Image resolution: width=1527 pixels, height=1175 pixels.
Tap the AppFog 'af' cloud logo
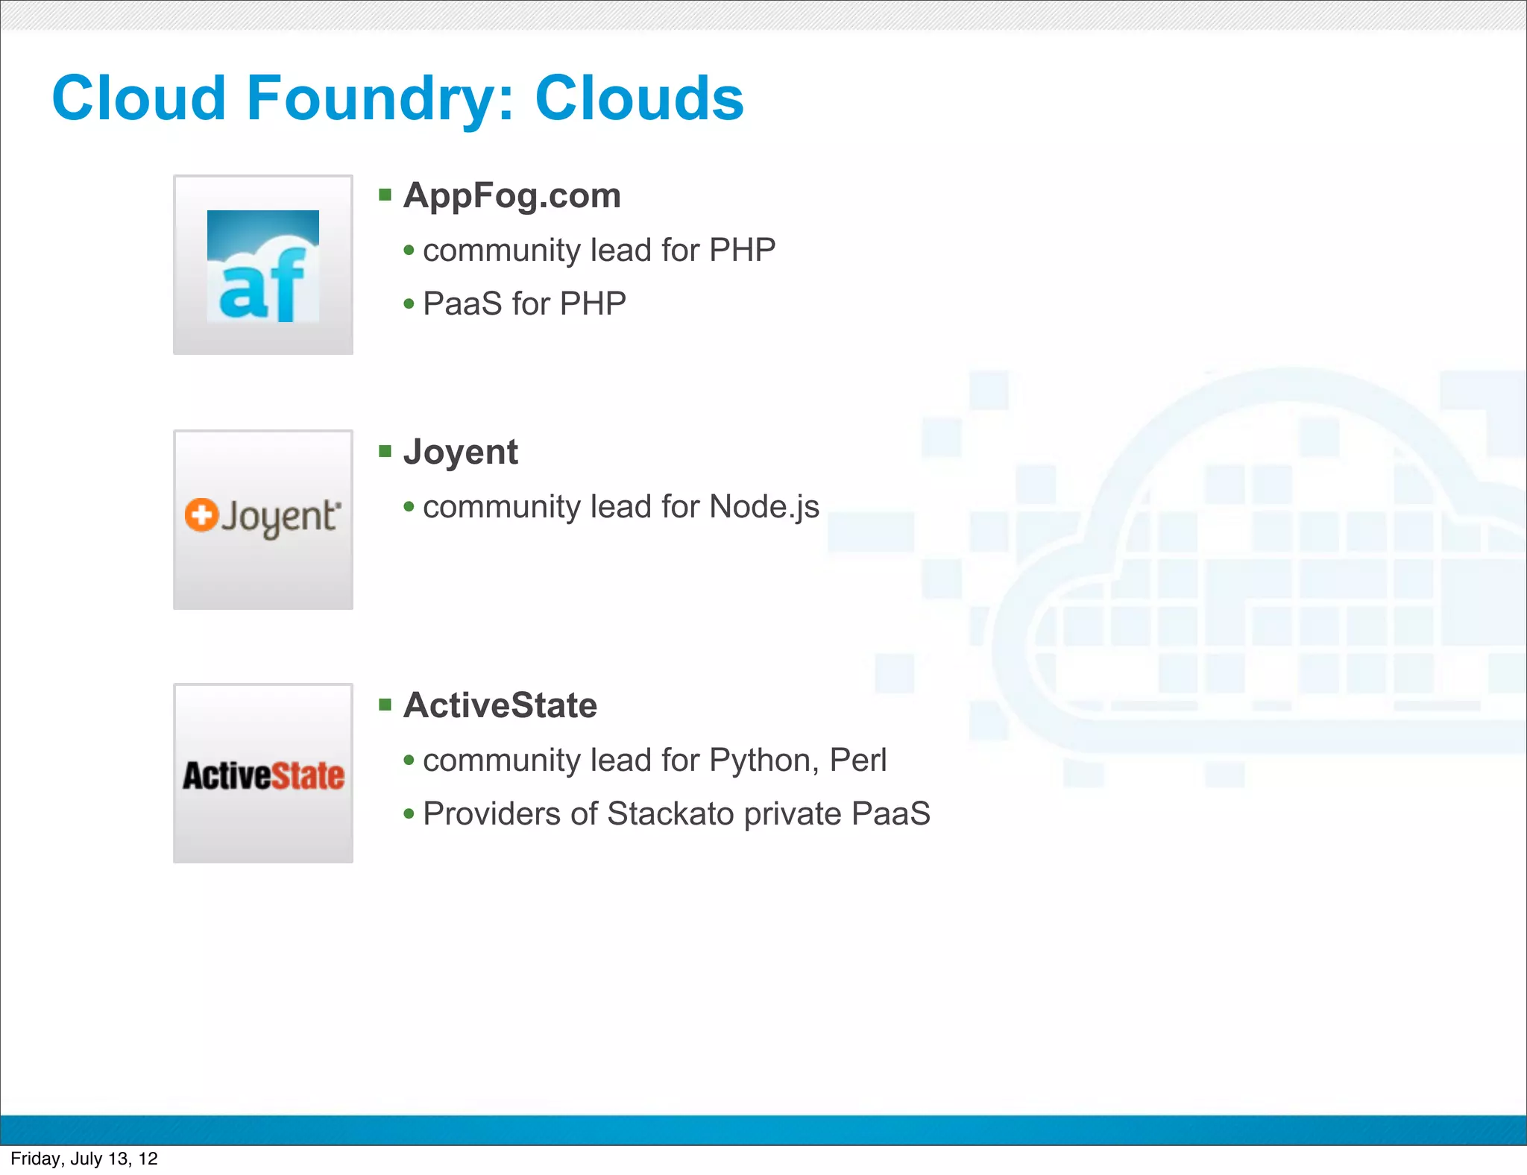(263, 266)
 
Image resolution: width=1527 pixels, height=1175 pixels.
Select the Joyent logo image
(263, 519)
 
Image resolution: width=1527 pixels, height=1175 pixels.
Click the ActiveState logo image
(263, 775)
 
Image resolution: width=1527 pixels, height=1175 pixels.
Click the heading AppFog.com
(511, 195)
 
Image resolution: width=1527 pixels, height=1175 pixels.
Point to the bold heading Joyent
(460, 452)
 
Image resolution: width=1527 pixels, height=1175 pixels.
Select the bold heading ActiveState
(500, 705)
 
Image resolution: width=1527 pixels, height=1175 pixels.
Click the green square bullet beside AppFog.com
(385, 195)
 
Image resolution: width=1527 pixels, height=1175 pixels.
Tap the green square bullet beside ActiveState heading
(385, 705)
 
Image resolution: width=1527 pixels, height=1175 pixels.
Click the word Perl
(858, 760)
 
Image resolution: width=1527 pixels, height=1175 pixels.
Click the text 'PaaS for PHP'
(524, 304)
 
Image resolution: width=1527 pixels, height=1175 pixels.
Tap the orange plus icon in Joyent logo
(201, 515)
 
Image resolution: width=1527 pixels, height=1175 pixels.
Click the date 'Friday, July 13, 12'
(84, 1159)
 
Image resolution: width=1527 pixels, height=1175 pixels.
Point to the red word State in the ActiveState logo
(307, 775)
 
